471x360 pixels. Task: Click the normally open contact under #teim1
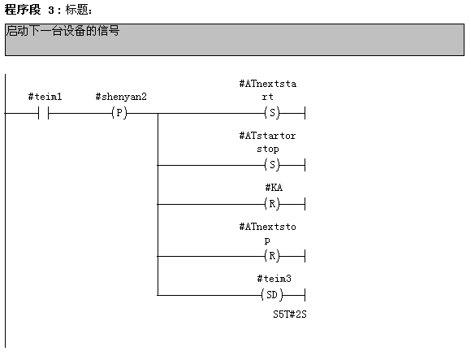point(44,113)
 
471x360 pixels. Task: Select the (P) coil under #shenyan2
point(119,113)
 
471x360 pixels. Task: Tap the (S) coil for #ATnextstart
point(272,113)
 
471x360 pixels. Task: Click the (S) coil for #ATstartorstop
point(272,165)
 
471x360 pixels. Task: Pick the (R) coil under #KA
point(272,204)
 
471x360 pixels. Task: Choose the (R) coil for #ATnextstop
point(272,256)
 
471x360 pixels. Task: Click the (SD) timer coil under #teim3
point(272,295)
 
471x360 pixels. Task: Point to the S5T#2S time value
point(290,314)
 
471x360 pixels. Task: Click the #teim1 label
point(45,97)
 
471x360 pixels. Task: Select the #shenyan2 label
point(121,97)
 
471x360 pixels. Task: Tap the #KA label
point(274,188)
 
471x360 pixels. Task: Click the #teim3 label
point(274,279)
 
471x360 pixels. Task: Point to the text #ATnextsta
point(268,84)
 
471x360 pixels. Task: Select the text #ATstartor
point(268,136)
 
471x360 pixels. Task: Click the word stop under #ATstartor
point(268,149)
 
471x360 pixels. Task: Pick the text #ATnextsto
point(268,227)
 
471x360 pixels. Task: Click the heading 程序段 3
point(29,10)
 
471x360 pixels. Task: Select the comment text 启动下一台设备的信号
point(63,31)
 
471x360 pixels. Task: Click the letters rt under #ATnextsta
point(267,97)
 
